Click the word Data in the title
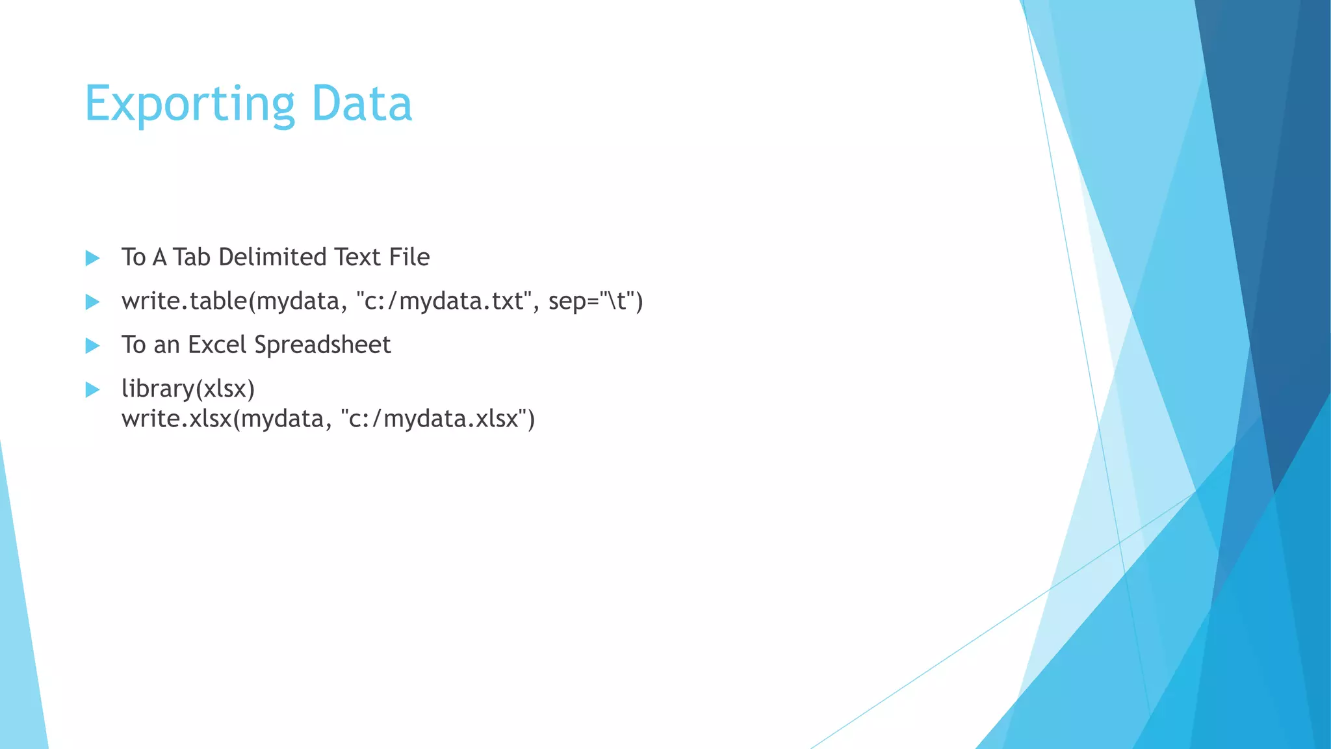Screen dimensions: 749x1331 (x=361, y=104)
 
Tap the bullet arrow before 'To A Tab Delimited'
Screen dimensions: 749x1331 (x=92, y=258)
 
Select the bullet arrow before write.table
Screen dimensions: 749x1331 (x=92, y=302)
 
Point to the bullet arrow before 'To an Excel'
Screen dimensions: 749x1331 (x=92, y=345)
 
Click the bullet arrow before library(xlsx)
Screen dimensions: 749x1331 (x=92, y=389)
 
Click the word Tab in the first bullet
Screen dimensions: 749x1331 (x=192, y=257)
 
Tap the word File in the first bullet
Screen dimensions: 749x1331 (x=409, y=257)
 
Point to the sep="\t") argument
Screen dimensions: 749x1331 (x=595, y=301)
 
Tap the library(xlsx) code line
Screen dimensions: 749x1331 (x=188, y=389)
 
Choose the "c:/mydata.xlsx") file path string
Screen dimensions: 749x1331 (x=437, y=419)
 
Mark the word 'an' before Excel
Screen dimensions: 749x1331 (x=166, y=345)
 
